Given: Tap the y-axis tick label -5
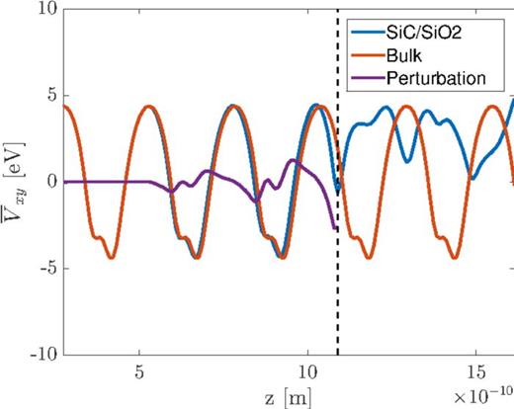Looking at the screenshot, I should pos(45,268).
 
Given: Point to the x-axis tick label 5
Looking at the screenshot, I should pos(139,371).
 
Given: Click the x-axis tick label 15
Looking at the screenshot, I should pos(475,371).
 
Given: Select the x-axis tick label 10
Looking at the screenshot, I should pos(307,371).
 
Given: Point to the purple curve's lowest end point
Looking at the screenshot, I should pos(336,228).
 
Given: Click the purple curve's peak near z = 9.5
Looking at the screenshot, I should pos(292,160).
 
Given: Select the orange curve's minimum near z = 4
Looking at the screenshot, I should pos(112,258).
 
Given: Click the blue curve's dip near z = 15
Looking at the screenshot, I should pos(474,179).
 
